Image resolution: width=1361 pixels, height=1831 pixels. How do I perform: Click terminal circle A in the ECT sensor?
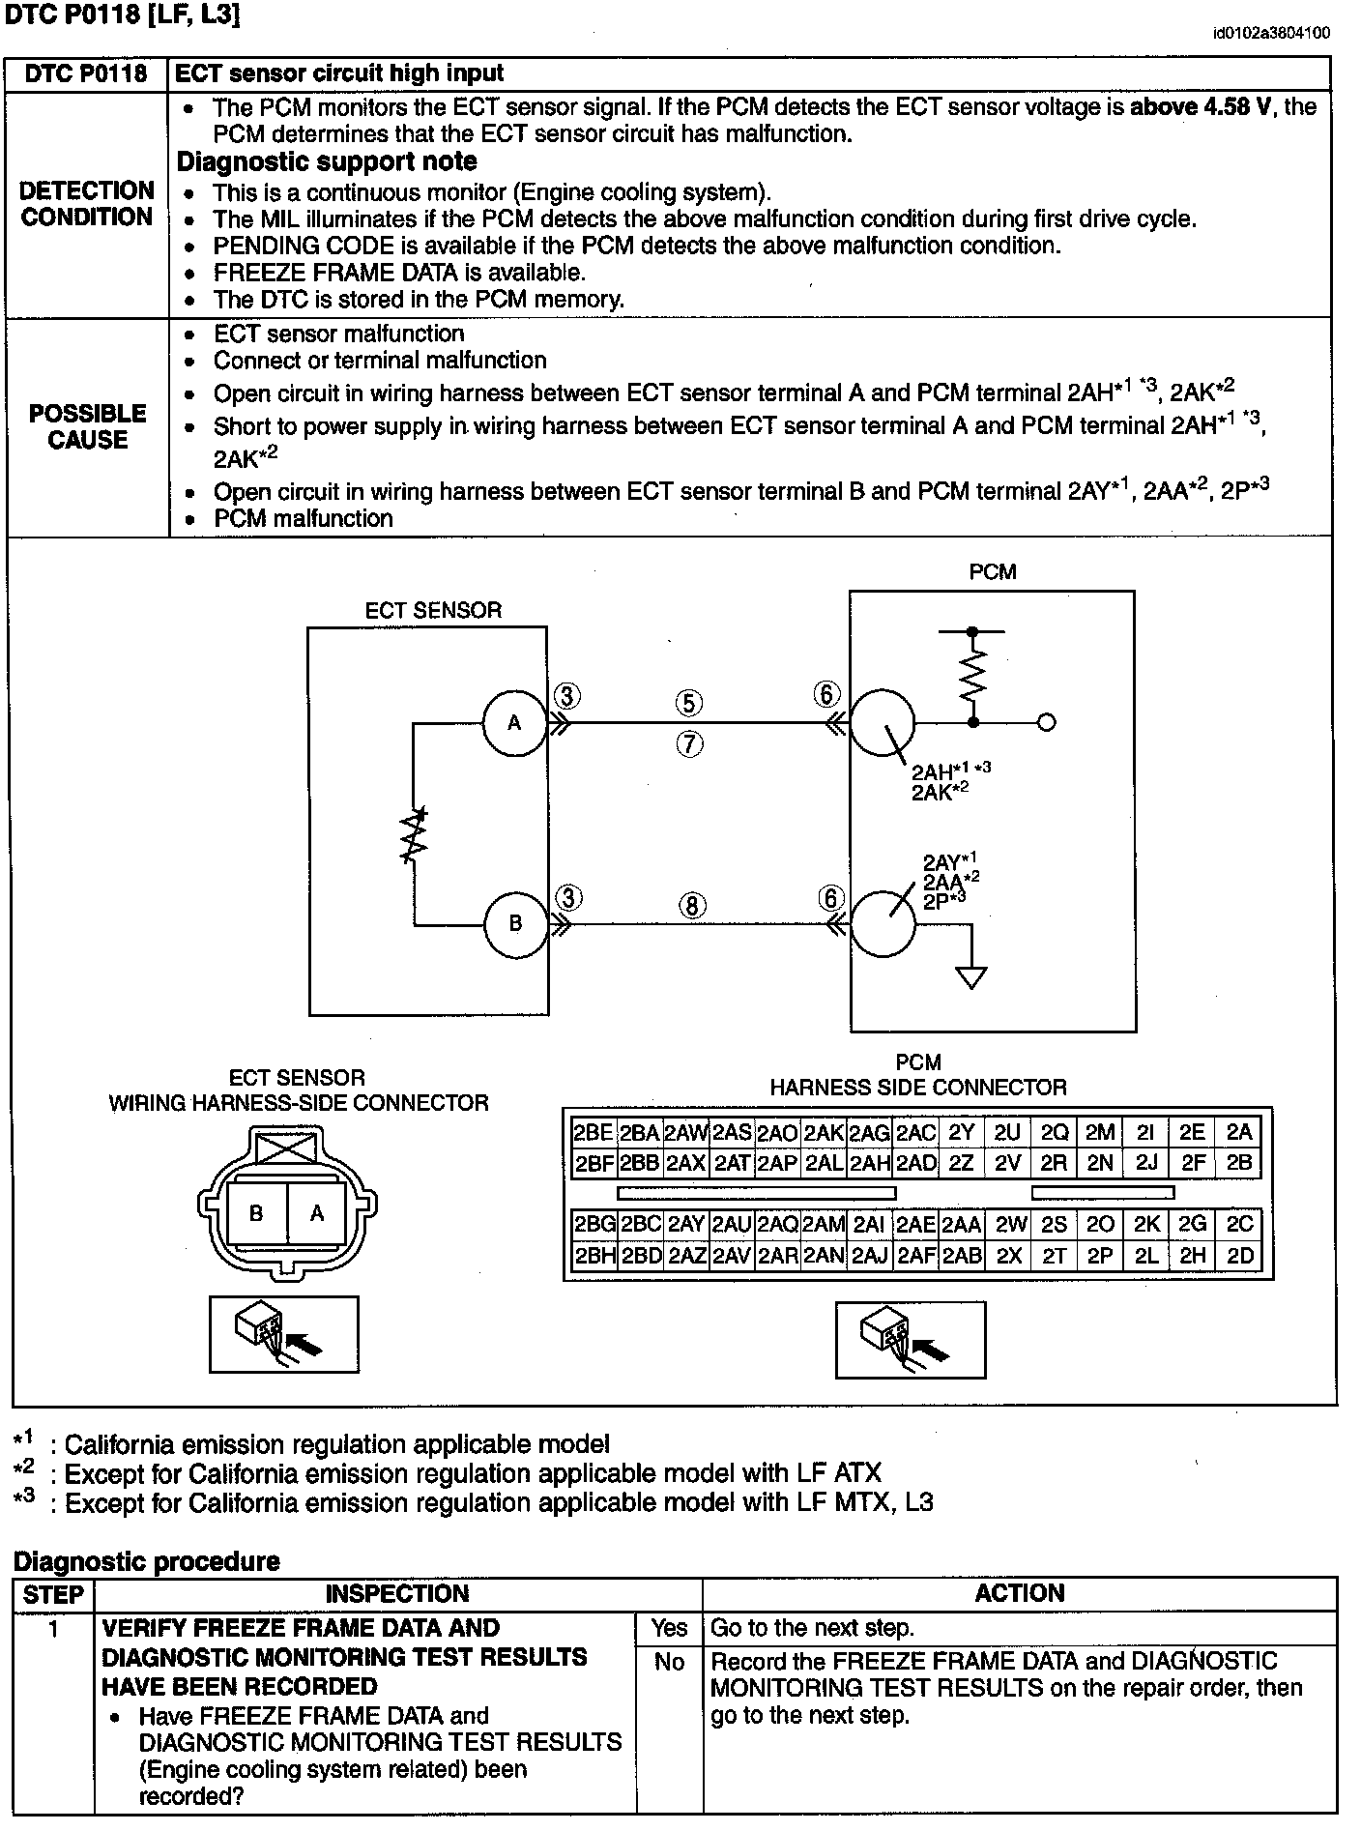point(514,722)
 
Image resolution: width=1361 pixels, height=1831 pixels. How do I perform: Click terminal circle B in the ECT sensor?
point(515,923)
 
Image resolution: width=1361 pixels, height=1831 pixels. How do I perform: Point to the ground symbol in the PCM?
point(971,977)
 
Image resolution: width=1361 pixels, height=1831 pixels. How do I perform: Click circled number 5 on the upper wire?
point(688,703)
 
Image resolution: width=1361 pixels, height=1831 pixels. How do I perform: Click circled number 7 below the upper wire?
point(689,744)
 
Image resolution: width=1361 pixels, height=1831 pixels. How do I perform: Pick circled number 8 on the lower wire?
point(692,906)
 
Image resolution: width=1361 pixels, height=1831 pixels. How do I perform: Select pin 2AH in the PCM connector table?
point(870,1163)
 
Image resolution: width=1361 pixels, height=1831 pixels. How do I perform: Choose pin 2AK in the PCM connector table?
point(824,1133)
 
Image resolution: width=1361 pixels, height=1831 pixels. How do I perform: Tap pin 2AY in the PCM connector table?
point(685,1225)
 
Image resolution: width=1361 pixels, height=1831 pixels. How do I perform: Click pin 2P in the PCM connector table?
point(1100,1255)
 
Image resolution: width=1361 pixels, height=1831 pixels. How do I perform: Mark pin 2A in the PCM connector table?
point(1239,1133)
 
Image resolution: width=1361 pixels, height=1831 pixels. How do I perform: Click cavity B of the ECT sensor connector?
point(256,1213)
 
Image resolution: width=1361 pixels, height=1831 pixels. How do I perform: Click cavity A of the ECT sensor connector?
point(316,1213)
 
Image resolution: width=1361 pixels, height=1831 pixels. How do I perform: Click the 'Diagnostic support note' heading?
point(327,161)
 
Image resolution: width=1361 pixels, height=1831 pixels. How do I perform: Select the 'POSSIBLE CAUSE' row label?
point(88,426)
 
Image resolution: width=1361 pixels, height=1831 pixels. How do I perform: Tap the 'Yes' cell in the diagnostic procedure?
point(669,1628)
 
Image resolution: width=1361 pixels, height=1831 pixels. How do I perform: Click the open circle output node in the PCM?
point(1046,722)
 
